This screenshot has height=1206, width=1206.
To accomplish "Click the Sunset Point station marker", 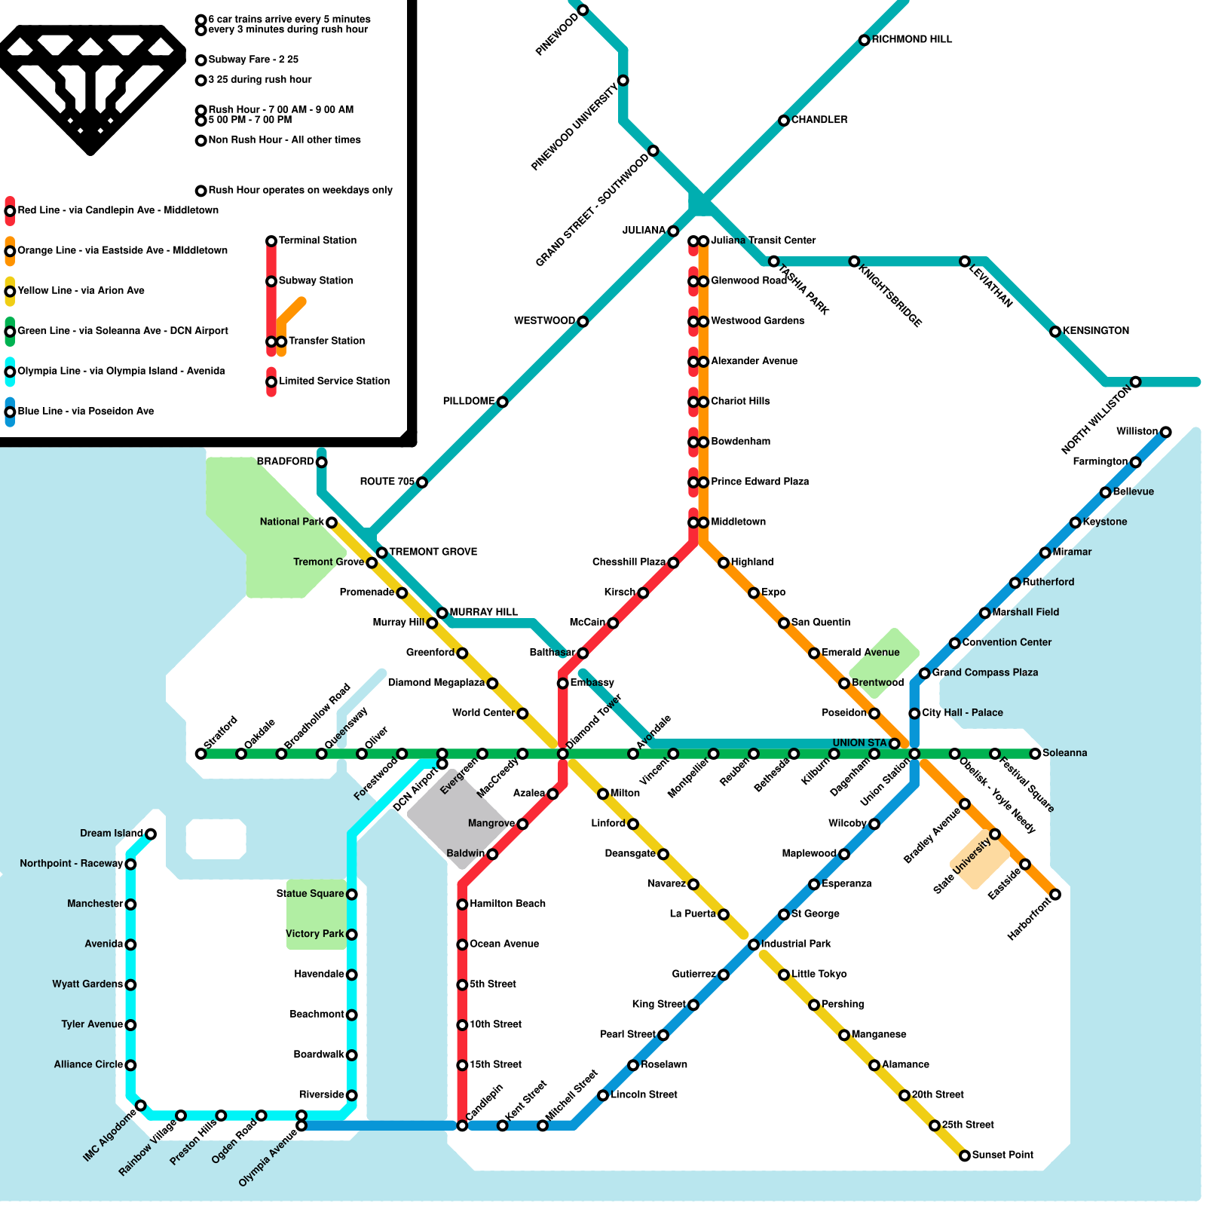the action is point(965,1155).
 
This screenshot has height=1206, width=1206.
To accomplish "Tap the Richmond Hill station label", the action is point(911,39).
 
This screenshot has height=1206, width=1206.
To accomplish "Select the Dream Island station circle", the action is point(151,834).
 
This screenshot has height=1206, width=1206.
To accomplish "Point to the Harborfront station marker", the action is point(1055,895).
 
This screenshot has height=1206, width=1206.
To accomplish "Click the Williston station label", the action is point(1137,431).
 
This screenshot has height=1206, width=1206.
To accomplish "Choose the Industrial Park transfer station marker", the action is point(754,944).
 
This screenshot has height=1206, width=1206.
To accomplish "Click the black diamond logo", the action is point(91,87).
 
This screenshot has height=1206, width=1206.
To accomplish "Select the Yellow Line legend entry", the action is point(81,291).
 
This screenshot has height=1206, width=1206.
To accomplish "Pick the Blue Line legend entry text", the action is point(85,412).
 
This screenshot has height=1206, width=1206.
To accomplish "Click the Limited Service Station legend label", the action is point(334,381).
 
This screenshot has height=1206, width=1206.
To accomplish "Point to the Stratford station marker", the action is point(200,754).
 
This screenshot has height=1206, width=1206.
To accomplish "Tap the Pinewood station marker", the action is point(583,10).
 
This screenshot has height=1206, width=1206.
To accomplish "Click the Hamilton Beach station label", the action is point(507,904).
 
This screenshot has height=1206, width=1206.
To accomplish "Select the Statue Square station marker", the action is point(351,895).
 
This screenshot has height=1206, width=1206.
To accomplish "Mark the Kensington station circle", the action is point(1055,332).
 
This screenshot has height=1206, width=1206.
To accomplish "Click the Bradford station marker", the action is point(322,462).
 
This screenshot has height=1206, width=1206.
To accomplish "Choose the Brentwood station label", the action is point(877,683).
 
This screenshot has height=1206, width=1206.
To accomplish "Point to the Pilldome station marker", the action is point(503,402).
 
